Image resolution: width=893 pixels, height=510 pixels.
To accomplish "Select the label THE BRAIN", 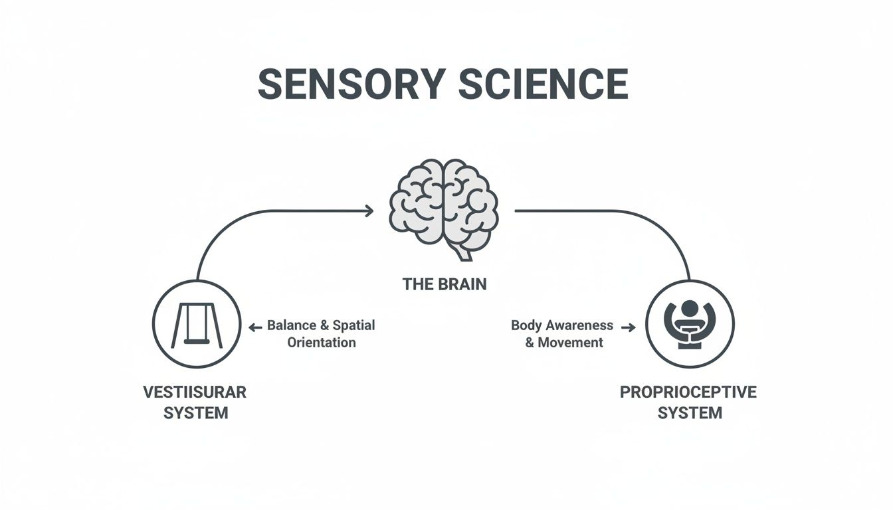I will click(445, 285).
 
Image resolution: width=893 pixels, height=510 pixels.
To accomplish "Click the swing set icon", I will click(195, 324).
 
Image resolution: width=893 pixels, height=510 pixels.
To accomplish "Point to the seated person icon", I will click(690, 324).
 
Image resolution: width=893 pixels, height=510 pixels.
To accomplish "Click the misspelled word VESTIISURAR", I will click(195, 392).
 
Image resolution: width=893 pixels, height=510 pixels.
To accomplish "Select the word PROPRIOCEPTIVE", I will click(688, 392).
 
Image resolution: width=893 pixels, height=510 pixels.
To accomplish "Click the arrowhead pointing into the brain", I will click(369, 211).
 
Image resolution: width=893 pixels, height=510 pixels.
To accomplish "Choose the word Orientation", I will click(322, 343).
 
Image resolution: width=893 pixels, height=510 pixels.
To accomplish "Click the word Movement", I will click(570, 343).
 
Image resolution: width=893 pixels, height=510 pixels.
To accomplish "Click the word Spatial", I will click(353, 325).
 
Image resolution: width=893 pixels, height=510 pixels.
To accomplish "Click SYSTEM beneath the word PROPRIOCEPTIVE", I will click(690, 413).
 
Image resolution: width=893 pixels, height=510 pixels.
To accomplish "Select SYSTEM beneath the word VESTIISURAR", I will click(195, 413).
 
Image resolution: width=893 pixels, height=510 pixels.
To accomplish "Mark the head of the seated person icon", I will click(690, 309).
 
